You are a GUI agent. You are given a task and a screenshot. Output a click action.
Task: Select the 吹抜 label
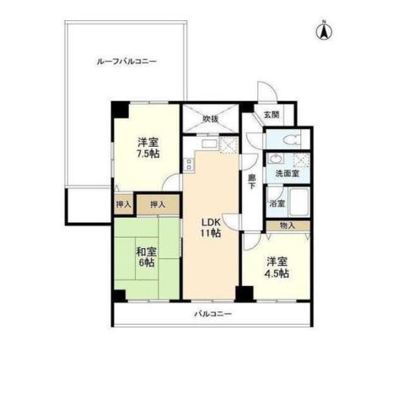click(x=211, y=119)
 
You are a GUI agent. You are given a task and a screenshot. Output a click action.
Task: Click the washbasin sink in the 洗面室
click(x=275, y=160)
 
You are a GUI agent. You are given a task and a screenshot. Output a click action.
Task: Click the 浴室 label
click(x=276, y=203)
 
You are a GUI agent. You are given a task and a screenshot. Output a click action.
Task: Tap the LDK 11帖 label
click(x=210, y=227)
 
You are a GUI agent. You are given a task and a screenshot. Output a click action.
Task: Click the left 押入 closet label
click(x=123, y=204)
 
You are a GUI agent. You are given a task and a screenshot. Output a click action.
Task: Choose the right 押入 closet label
click(x=157, y=204)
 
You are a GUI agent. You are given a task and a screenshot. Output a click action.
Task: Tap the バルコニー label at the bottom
click(x=213, y=315)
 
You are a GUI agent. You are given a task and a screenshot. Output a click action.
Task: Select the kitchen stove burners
click(x=229, y=144)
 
